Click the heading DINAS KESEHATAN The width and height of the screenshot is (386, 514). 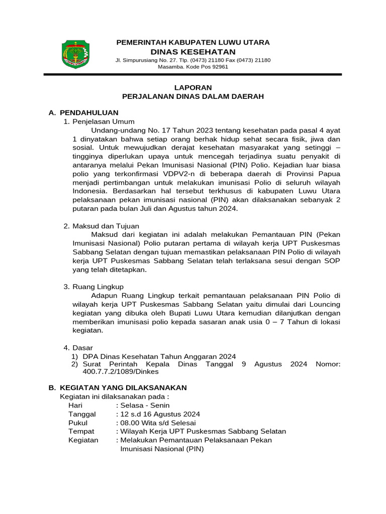[193, 52]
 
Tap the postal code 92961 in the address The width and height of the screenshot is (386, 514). [218, 67]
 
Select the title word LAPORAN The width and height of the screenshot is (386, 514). [193, 87]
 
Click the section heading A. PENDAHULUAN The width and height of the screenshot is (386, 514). [83, 112]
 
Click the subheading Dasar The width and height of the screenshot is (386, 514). [83, 347]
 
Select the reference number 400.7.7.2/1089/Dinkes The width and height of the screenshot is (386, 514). [121, 371]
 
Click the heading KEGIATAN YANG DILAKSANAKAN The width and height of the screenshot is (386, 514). [123, 388]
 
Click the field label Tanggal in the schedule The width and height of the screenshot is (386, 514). [81, 414]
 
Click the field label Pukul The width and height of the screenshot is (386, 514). [78, 423]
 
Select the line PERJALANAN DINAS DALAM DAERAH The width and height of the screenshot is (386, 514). [193, 96]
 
